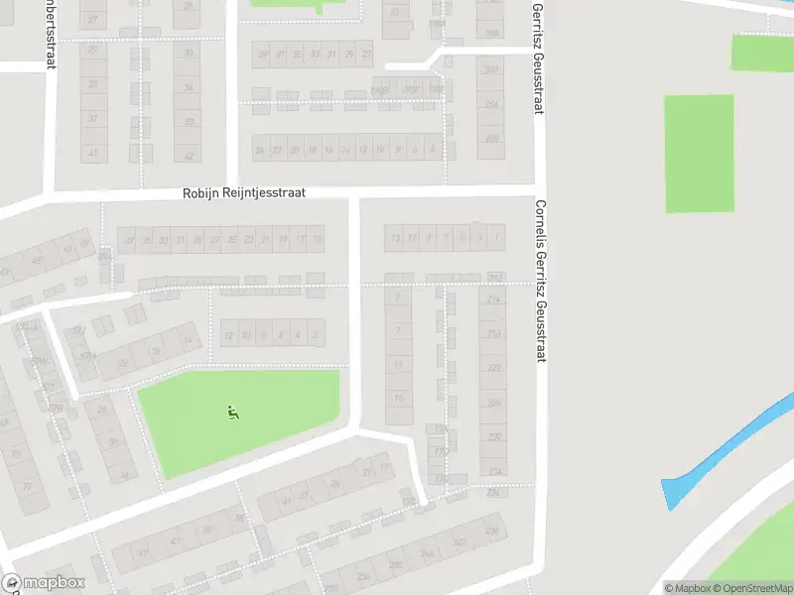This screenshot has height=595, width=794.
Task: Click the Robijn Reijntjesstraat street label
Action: [x=243, y=194]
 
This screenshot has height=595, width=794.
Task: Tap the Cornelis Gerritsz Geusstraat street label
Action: [x=541, y=281]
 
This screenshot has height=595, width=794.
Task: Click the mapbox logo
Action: [x=44, y=583]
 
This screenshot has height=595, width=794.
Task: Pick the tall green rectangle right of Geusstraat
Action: [x=699, y=154]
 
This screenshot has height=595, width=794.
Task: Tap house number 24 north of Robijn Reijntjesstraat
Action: [x=260, y=151]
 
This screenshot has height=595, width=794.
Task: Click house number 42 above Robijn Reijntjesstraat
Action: [x=188, y=155]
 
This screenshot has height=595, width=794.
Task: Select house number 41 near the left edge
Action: [x=93, y=154]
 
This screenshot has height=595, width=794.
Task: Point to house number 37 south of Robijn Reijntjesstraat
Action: [x=127, y=239]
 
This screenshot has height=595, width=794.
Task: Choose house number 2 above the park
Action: [x=316, y=335]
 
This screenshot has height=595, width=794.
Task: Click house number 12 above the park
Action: [x=229, y=335]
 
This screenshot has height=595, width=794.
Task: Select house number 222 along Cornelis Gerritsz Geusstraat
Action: [x=493, y=367]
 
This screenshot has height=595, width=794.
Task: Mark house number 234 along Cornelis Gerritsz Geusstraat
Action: [x=493, y=470]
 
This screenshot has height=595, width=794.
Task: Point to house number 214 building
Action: [x=493, y=298]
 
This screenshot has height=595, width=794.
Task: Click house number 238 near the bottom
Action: [x=491, y=533]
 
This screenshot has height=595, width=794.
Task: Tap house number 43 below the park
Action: [x=176, y=540]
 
